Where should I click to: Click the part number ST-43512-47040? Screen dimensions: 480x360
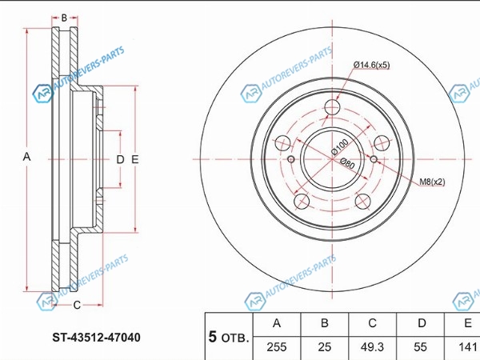click(x=97, y=338)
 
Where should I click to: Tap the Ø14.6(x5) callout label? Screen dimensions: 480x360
click(x=372, y=65)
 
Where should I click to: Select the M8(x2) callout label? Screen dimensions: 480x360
click(x=432, y=182)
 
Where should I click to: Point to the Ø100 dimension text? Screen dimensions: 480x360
click(x=340, y=146)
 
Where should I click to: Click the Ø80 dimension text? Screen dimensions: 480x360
click(x=347, y=164)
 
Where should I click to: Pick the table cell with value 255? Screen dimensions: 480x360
click(x=277, y=347)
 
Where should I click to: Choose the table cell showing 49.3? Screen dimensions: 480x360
click(x=372, y=347)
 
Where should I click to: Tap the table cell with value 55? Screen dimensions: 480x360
click(x=420, y=347)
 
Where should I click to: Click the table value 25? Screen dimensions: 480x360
click(x=325, y=347)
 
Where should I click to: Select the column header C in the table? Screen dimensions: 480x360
click(x=372, y=323)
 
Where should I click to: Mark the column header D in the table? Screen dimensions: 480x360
click(x=422, y=323)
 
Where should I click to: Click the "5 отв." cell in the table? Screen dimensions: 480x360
click(x=229, y=337)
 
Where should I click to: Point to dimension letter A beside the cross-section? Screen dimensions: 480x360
click(x=27, y=157)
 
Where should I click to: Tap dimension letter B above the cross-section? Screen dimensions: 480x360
click(x=64, y=18)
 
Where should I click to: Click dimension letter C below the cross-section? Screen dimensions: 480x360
click(x=77, y=305)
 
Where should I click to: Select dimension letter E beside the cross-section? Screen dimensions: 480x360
click(x=135, y=159)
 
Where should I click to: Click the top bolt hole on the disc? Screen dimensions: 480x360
click(x=333, y=107)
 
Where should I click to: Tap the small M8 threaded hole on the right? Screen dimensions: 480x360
click(x=374, y=159)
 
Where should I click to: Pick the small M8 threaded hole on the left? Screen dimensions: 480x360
click(x=291, y=159)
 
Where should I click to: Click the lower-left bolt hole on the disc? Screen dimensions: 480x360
click(x=302, y=201)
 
